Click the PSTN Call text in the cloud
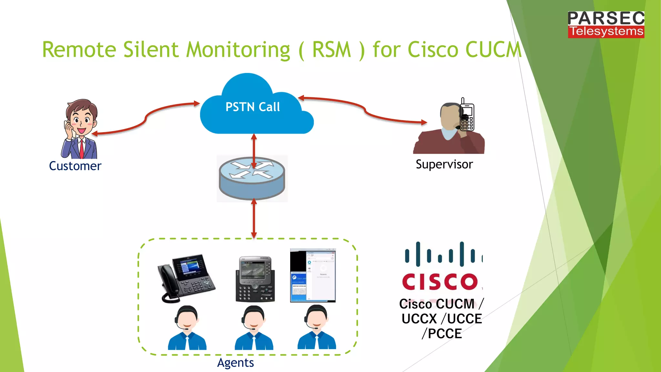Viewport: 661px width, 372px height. pyautogui.click(x=252, y=107)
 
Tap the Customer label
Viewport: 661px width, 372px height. pyautogui.click(x=75, y=166)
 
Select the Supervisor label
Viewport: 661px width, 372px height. pyautogui.click(x=444, y=164)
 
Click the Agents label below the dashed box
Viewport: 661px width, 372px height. pyautogui.click(x=235, y=363)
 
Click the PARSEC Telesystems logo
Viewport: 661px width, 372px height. pyautogui.click(x=606, y=25)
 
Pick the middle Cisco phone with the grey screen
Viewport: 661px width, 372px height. pyautogui.click(x=255, y=279)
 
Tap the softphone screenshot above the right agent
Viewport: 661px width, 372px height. pyautogui.click(x=313, y=275)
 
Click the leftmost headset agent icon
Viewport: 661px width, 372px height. pyautogui.click(x=187, y=328)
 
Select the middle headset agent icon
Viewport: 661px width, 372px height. pyautogui.click(x=254, y=328)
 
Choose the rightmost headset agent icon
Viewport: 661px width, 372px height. pyautogui.click(x=317, y=327)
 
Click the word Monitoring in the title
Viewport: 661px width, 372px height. pyautogui.click(x=238, y=50)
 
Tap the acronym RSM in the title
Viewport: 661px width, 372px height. pyautogui.click(x=331, y=50)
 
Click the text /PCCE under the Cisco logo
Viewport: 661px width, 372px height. pyautogui.click(x=442, y=334)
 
